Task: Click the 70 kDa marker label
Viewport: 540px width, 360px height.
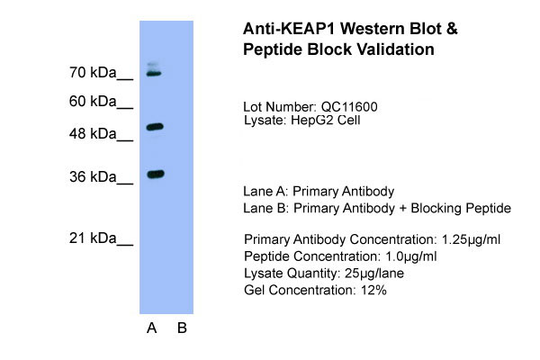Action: [93, 73]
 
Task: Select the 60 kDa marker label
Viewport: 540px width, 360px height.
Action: [93, 102]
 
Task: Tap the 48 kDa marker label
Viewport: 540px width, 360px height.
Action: [93, 134]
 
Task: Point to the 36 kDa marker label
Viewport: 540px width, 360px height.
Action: [93, 176]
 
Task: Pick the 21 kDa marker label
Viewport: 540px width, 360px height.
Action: [93, 238]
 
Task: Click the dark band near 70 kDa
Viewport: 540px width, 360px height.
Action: [154, 74]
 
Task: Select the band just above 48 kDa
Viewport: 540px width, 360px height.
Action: [155, 127]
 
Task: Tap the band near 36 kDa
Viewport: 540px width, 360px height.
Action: [156, 174]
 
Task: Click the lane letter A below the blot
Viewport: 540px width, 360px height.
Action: [152, 328]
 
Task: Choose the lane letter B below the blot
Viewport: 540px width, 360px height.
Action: [182, 328]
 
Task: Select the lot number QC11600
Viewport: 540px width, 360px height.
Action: [349, 107]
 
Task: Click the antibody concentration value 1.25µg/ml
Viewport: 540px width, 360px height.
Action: [471, 239]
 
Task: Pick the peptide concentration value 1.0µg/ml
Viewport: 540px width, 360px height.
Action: [411, 256]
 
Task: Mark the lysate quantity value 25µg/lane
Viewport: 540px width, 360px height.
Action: [374, 274]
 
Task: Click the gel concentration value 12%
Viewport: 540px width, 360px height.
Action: [373, 290]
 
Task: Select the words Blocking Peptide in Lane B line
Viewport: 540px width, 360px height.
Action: [461, 208]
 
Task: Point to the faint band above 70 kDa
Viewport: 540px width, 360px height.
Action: [153, 65]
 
